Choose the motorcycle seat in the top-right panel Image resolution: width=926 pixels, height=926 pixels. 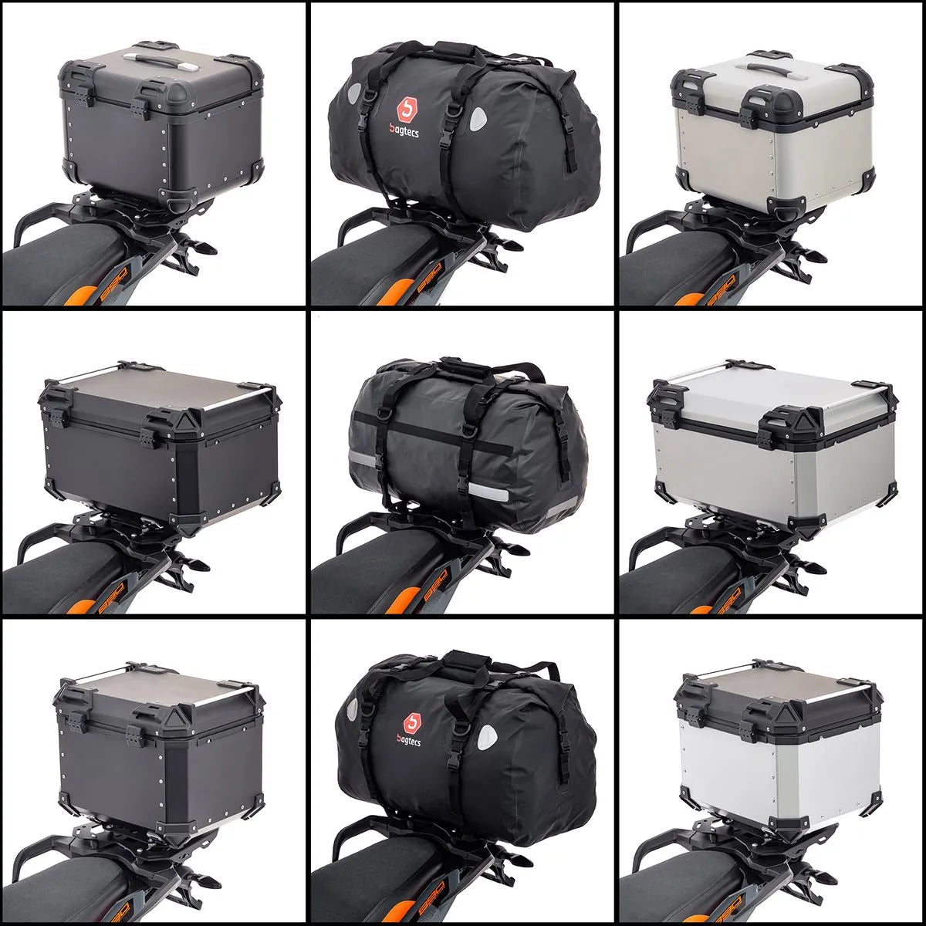664,262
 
